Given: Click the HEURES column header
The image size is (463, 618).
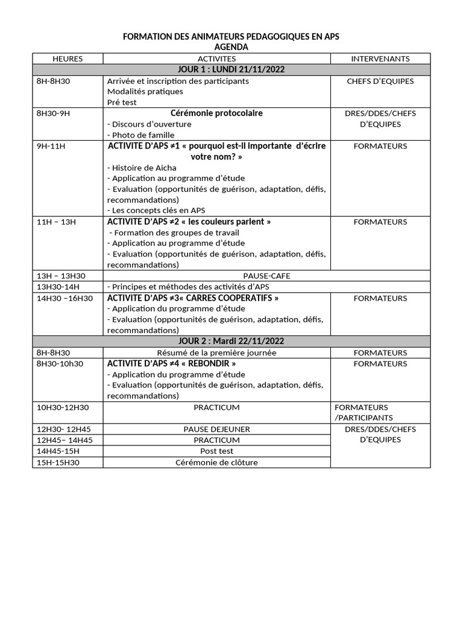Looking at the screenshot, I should click(x=68, y=59).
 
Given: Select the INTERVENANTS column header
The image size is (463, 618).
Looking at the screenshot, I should click(x=380, y=59).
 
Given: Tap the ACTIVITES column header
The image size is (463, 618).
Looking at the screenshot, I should click(x=216, y=59).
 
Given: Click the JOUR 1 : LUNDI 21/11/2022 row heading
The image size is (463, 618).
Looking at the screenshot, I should click(x=231, y=69).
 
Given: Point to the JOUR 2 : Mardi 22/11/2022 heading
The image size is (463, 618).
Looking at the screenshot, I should click(x=231, y=342).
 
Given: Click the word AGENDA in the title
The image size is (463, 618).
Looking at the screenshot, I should click(x=231, y=47).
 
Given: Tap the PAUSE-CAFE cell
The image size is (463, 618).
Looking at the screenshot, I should click(x=266, y=276).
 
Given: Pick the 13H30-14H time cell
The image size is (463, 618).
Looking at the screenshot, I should click(x=58, y=287).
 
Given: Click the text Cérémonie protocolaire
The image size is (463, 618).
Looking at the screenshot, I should click(x=216, y=113).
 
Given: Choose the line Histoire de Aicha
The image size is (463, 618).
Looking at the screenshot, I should click(x=142, y=168).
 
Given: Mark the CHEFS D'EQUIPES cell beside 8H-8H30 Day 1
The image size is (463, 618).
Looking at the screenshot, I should click(x=380, y=81).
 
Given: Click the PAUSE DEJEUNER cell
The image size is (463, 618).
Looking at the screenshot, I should click(x=216, y=429).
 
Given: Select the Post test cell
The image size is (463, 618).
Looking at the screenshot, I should click(x=216, y=451).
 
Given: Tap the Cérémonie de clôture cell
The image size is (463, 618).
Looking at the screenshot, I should click(x=216, y=462).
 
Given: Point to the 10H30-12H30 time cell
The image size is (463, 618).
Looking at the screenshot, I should click(x=63, y=407).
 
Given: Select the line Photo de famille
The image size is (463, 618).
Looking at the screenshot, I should click(x=141, y=135).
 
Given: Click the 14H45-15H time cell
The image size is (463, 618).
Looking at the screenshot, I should click(x=58, y=451).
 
